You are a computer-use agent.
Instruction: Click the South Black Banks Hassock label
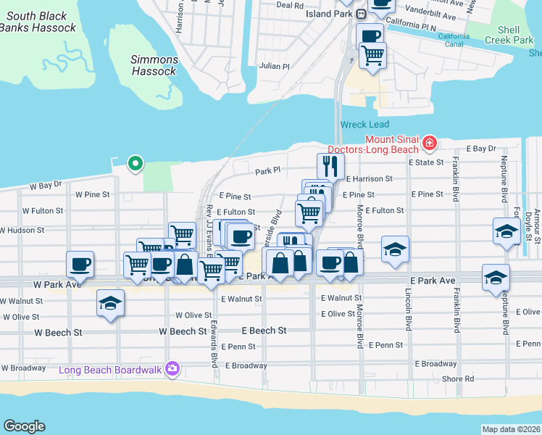tap(38, 22)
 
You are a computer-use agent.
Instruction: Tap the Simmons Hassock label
tap(154, 65)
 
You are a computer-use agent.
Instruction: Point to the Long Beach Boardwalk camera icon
tap(172, 369)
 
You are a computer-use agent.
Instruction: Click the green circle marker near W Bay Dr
tap(134, 163)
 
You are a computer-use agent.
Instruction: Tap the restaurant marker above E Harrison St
tap(330, 166)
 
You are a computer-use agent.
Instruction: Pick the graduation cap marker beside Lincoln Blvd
tap(395, 249)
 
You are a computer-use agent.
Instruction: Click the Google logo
tap(24, 426)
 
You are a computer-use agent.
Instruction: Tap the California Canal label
tap(454, 40)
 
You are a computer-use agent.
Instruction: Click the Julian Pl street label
tap(275, 66)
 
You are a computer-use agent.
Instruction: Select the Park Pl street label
tap(267, 171)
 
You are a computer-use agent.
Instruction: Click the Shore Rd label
tap(459, 378)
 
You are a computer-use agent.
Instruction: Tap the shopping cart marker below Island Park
tap(372, 55)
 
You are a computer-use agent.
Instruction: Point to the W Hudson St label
tap(22, 230)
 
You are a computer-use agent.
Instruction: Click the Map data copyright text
tap(511, 429)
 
